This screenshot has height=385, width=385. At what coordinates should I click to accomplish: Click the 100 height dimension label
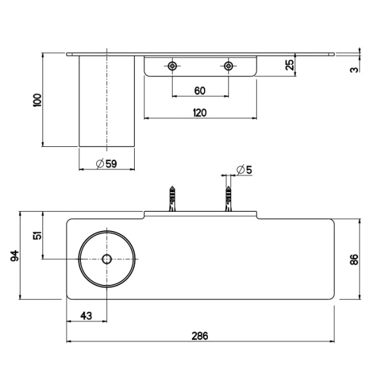coord(37,99)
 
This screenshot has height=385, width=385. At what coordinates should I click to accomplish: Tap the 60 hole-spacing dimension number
coord(200,90)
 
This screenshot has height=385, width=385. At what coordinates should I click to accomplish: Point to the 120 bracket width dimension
coord(200,113)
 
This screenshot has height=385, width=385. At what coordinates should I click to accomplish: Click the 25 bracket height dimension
coord(289,65)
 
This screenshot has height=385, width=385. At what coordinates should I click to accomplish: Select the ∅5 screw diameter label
coord(244,169)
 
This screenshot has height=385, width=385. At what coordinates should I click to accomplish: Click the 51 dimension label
coord(37,235)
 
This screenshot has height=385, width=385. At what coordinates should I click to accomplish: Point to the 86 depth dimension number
coord(354,259)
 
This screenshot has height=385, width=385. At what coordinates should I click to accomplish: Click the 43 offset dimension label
coord(87,315)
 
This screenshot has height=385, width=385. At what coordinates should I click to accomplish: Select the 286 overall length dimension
coord(200,336)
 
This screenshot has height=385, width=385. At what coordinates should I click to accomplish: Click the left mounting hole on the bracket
coord(172,66)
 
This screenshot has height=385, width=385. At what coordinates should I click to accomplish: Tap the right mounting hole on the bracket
coord(228,66)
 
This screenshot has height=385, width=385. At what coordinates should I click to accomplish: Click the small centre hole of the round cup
coord(107,259)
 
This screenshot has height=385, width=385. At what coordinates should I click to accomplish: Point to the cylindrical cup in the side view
coord(107,103)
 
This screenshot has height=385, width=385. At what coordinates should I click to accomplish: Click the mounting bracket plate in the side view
coord(200,67)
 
